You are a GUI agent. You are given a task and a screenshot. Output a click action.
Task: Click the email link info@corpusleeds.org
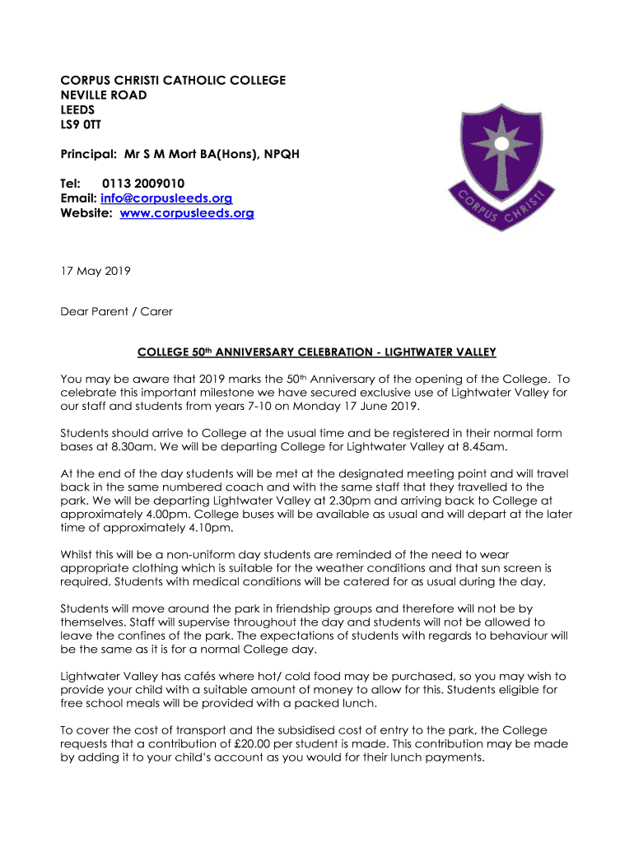coord(166,198)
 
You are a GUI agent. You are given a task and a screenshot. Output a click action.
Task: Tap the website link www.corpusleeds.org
coord(187,213)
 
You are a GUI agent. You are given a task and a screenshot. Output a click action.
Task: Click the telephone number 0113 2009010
coord(143,184)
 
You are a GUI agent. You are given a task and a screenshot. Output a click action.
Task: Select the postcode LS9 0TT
coord(82,124)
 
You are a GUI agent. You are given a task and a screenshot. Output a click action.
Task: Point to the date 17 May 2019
coord(95,270)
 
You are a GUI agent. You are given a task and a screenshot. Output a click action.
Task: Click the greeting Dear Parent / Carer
coord(116,311)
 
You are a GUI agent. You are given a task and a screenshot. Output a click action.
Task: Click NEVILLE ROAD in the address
coord(104,95)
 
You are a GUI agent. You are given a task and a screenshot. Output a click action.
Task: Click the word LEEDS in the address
coord(77,109)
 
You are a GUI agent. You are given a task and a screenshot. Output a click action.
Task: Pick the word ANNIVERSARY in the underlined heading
coord(257,352)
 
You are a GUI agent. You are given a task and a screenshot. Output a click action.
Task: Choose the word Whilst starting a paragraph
coord(78,554)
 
